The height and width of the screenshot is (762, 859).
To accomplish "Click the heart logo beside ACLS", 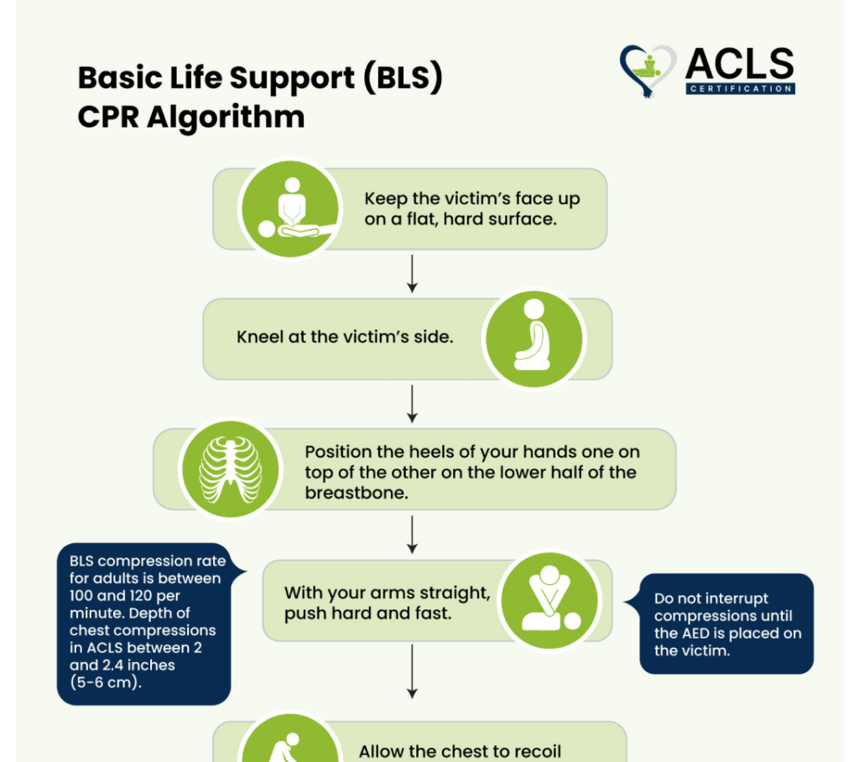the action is coord(648,71).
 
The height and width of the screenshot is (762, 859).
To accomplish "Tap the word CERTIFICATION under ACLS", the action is coord(740,89).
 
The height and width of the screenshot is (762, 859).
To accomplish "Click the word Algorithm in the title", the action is coord(225,117).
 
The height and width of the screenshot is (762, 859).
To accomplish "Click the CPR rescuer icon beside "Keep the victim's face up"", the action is coord(290,209).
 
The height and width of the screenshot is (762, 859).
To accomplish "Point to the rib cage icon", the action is coord(231,469).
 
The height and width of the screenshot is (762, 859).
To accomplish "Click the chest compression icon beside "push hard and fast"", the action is coord(550,600).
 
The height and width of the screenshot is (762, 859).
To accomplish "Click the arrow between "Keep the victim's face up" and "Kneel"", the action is coord(413,273).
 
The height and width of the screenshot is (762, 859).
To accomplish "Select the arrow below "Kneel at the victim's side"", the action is coord(413,404).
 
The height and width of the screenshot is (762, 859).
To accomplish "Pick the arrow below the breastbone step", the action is coord(413,534).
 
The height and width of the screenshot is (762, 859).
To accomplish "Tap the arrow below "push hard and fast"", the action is coord(413,671).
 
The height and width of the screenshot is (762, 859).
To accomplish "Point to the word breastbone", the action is coord(356,493).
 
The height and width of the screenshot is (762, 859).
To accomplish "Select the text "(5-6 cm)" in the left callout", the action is coord(105,682).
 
